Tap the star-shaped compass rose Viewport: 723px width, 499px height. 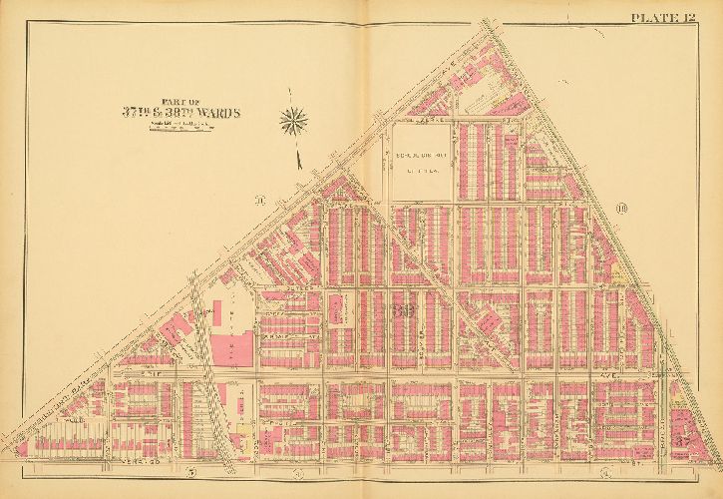[293, 122]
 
